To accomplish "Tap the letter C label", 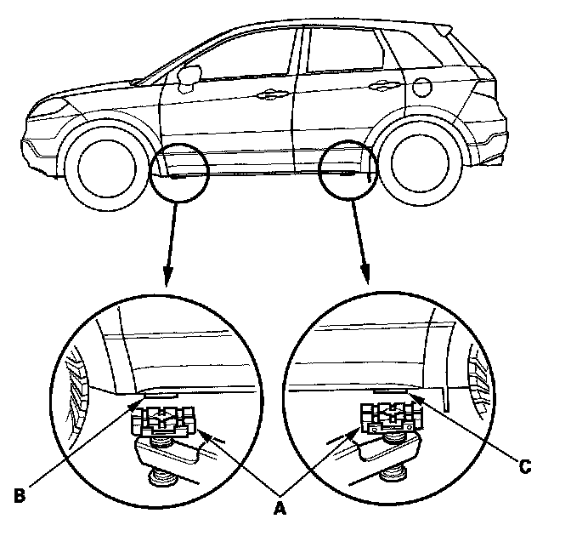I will (525, 465).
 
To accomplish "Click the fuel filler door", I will (421, 88).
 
